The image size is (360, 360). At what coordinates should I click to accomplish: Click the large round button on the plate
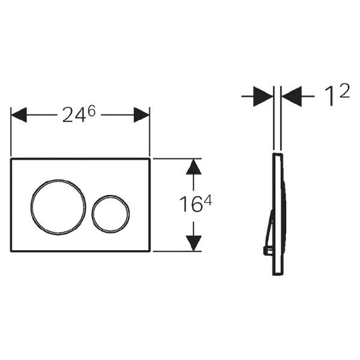[54, 205]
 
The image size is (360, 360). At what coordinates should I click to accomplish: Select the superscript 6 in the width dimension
[91, 109]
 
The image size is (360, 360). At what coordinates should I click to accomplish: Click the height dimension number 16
[189, 205]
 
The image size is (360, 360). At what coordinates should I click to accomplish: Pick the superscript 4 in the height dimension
[207, 200]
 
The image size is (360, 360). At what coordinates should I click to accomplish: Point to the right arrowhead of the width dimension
[142, 115]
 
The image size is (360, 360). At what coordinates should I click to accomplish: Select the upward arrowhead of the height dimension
[193, 166]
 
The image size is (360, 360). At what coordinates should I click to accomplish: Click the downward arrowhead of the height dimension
[193, 243]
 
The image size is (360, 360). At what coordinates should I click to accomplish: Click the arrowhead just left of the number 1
[291, 97]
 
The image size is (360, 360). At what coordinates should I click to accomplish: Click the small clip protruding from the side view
[266, 249]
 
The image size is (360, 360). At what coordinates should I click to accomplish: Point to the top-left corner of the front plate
[11, 160]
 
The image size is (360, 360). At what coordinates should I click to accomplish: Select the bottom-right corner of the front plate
[149, 251]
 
